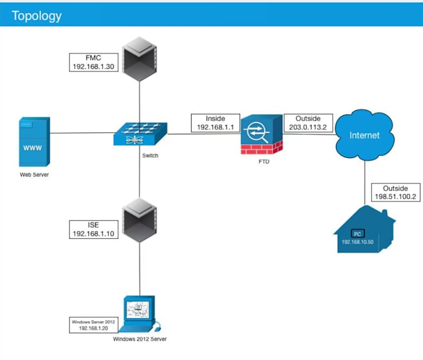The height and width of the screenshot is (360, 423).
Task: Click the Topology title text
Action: click(x=37, y=15)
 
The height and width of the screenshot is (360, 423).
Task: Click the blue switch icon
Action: click(x=139, y=133)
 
